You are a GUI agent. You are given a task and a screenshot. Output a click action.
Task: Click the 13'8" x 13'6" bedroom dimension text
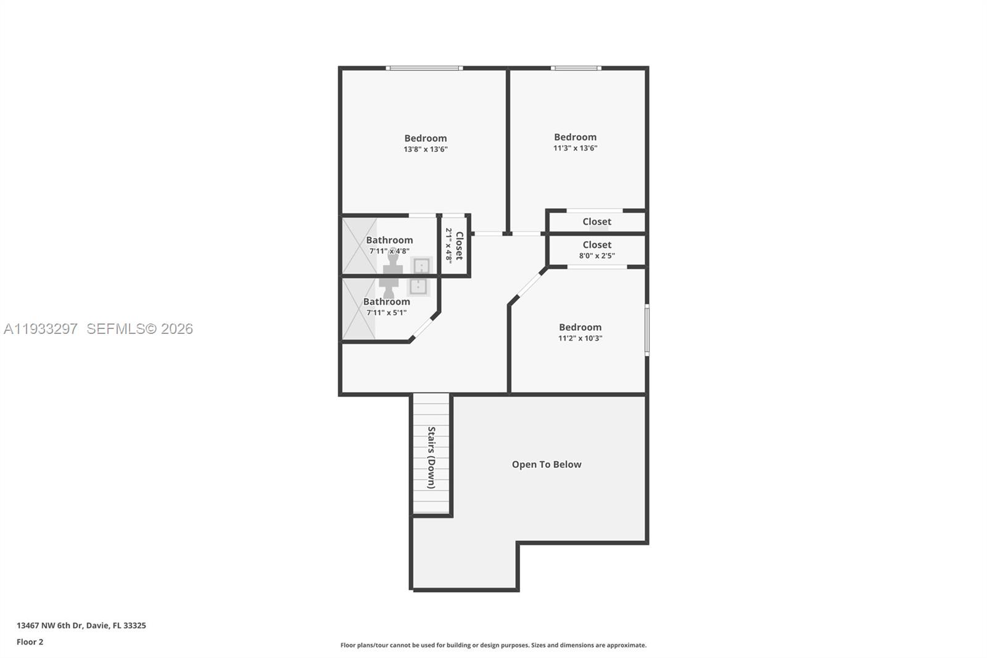point(426,149)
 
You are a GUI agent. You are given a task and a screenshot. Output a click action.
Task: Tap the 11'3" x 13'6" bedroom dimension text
point(575,148)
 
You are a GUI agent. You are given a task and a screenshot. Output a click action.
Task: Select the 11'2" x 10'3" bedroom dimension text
point(580,338)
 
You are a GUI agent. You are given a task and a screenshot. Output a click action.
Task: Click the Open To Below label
point(547,465)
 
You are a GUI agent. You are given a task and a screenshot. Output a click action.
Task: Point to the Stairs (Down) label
point(431,457)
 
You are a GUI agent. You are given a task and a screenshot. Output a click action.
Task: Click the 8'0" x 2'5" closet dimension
point(597,256)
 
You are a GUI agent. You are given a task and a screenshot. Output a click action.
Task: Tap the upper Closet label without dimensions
point(597,222)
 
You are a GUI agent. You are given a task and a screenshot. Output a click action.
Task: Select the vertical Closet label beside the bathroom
point(459,246)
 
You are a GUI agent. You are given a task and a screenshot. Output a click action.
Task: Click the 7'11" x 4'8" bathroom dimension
point(389,251)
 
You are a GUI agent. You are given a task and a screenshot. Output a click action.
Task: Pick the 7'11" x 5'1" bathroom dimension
point(386,312)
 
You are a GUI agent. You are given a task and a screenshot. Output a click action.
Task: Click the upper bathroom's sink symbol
point(421,266)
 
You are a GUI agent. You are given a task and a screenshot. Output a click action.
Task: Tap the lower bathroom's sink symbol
point(418,286)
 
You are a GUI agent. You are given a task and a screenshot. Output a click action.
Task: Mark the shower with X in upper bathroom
point(359,245)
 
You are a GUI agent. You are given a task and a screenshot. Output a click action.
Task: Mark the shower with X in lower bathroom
point(358,309)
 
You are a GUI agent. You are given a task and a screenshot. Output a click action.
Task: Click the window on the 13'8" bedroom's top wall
point(424,68)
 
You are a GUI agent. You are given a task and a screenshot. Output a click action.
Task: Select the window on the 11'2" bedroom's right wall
point(646,330)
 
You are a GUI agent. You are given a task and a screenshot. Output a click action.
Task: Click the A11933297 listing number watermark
point(41,329)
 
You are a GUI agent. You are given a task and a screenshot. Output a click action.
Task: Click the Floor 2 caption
point(30,642)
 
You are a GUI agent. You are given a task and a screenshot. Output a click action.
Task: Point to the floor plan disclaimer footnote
point(493,645)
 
